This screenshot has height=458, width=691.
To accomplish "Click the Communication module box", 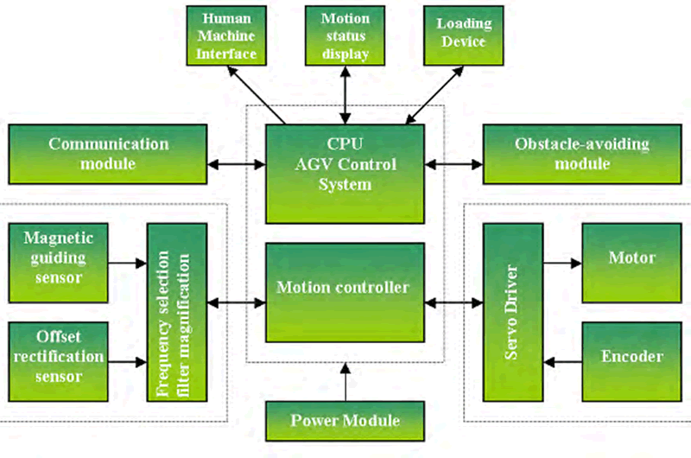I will [x=107, y=153].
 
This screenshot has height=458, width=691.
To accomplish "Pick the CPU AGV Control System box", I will [x=345, y=172].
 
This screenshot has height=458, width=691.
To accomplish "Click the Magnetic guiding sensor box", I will [x=58, y=257].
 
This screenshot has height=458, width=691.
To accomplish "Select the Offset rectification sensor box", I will [x=58, y=356].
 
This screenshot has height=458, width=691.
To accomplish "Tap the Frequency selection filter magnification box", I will [x=178, y=312].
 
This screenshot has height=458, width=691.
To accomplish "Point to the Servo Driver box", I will [x=511, y=312].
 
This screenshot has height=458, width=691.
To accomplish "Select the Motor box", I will [x=631, y=258].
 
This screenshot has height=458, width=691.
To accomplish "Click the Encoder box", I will [x=631, y=356].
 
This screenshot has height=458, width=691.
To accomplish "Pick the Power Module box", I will [x=345, y=421].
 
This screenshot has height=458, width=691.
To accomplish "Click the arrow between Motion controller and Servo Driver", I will [x=453, y=302].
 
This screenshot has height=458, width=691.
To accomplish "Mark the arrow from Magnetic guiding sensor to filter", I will [x=128, y=259].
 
